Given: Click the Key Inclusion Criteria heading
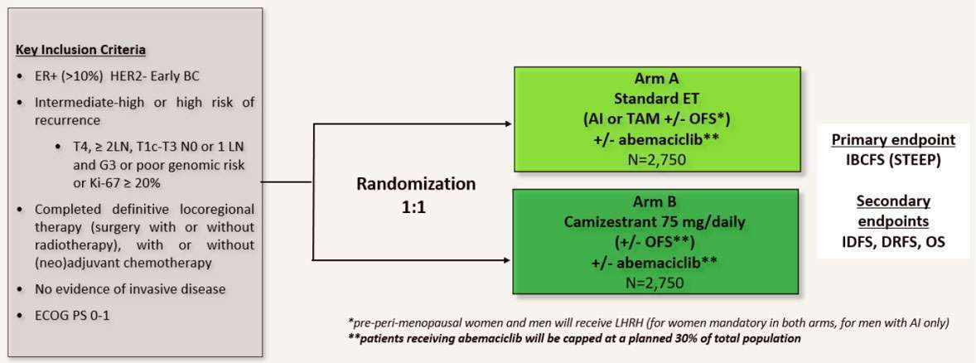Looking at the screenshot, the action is [x=80, y=49].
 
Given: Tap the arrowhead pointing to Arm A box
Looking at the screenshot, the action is [x=507, y=123].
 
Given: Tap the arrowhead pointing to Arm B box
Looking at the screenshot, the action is [x=507, y=259].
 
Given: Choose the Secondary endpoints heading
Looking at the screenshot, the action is [x=891, y=211].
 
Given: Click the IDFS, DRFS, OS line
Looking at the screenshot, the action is [x=891, y=241].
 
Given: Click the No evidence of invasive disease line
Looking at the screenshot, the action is [x=130, y=289].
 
